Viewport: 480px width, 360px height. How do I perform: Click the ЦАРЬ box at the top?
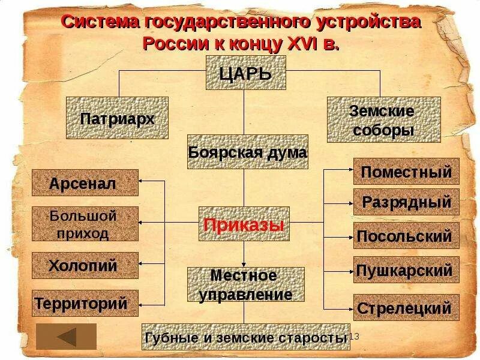[246, 74]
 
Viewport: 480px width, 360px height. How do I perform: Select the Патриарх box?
[117, 118]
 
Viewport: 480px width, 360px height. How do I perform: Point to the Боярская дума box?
[248, 152]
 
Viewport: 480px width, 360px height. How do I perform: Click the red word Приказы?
[243, 225]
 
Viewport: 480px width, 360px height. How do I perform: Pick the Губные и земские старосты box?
[245, 337]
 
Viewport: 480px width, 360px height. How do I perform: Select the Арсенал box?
[85, 183]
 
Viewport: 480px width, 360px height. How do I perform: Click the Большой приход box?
[85, 224]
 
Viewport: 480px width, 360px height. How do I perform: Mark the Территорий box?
[85, 304]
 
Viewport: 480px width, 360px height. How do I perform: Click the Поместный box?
[406, 172]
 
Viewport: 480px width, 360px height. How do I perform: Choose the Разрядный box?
[406, 202]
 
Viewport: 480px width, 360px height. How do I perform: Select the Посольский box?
[406, 236]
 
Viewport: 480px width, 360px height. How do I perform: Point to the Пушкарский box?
[406, 270]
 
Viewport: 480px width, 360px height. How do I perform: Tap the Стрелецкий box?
[406, 308]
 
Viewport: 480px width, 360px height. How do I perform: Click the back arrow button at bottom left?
[66, 336]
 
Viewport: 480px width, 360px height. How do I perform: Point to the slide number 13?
[353, 336]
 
